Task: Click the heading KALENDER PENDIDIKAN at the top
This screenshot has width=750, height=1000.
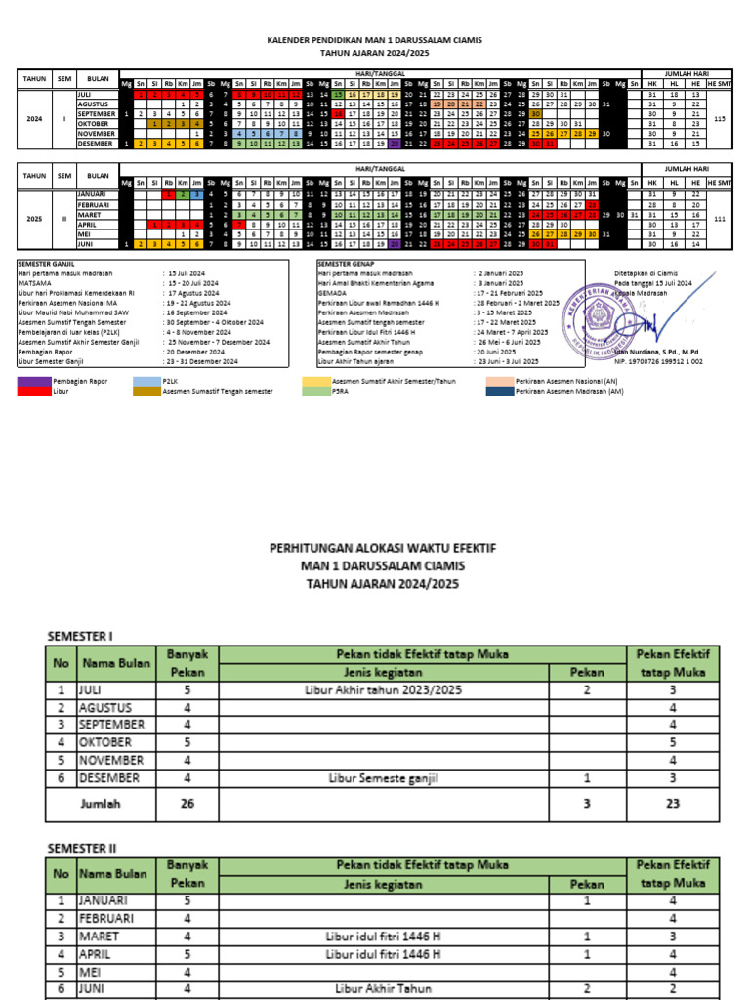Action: [x=375, y=41]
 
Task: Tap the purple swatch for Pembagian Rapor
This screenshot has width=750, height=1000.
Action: [x=34, y=381]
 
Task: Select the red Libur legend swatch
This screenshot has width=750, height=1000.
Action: [x=34, y=391]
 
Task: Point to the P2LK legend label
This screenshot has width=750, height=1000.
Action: [x=172, y=381]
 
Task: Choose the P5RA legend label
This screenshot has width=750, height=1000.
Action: [x=343, y=391]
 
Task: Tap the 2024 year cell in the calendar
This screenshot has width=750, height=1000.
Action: [x=34, y=119]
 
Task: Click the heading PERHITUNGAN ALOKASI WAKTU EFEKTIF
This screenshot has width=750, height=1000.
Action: [x=382, y=550]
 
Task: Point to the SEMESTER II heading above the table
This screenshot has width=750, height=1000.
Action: [x=86, y=849]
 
